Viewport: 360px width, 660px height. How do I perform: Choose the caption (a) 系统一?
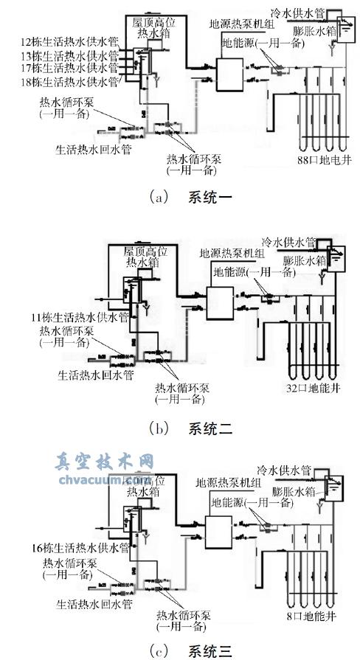[x=180, y=198]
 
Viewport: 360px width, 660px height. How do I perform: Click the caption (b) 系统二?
[x=180, y=428]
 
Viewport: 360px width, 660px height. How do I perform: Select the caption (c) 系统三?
[x=180, y=649]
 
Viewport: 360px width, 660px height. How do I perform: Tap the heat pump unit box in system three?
[x=219, y=530]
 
